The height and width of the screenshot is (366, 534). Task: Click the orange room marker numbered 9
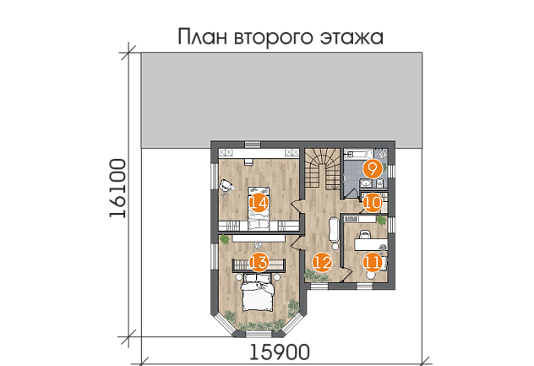[373, 168]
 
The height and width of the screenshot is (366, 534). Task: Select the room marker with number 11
[373, 262]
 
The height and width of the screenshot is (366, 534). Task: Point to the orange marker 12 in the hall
[321, 262]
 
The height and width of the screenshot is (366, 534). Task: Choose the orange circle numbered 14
[258, 203]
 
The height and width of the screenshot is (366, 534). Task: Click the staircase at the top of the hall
[322, 169]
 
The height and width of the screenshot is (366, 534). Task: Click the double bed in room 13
[259, 296]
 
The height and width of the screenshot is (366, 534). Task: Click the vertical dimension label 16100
[118, 189]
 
